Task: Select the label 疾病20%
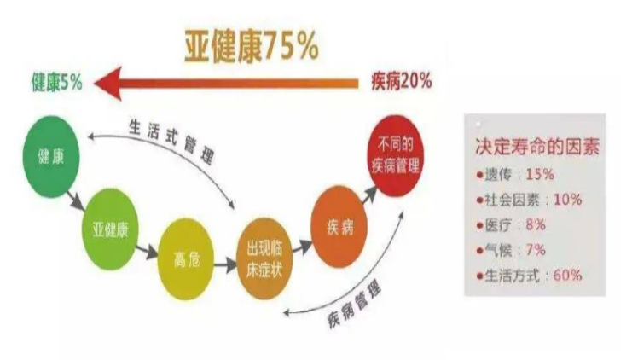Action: pos(401,82)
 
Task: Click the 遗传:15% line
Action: pos(517,174)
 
